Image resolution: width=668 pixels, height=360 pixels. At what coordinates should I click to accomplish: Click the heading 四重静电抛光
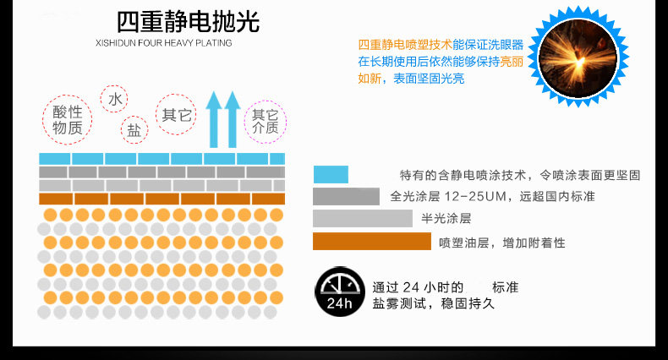187,21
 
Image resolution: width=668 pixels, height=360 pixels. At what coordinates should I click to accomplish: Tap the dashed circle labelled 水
115,99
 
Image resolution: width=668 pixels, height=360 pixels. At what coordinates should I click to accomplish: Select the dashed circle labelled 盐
134,129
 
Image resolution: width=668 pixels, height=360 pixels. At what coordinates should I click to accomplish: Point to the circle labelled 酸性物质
67,120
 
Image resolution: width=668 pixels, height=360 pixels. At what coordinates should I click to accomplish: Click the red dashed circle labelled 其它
178,115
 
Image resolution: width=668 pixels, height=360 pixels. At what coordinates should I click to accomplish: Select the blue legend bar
331,175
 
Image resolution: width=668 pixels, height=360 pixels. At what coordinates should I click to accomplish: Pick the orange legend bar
371,242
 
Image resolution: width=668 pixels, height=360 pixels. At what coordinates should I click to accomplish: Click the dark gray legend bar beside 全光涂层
346,196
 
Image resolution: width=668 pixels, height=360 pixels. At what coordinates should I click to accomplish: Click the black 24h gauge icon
339,293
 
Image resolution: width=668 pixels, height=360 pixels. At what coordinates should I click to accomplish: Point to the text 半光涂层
446,219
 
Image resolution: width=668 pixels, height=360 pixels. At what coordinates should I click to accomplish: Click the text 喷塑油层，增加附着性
501,243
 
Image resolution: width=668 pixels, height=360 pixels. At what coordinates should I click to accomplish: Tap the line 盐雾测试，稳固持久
434,303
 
